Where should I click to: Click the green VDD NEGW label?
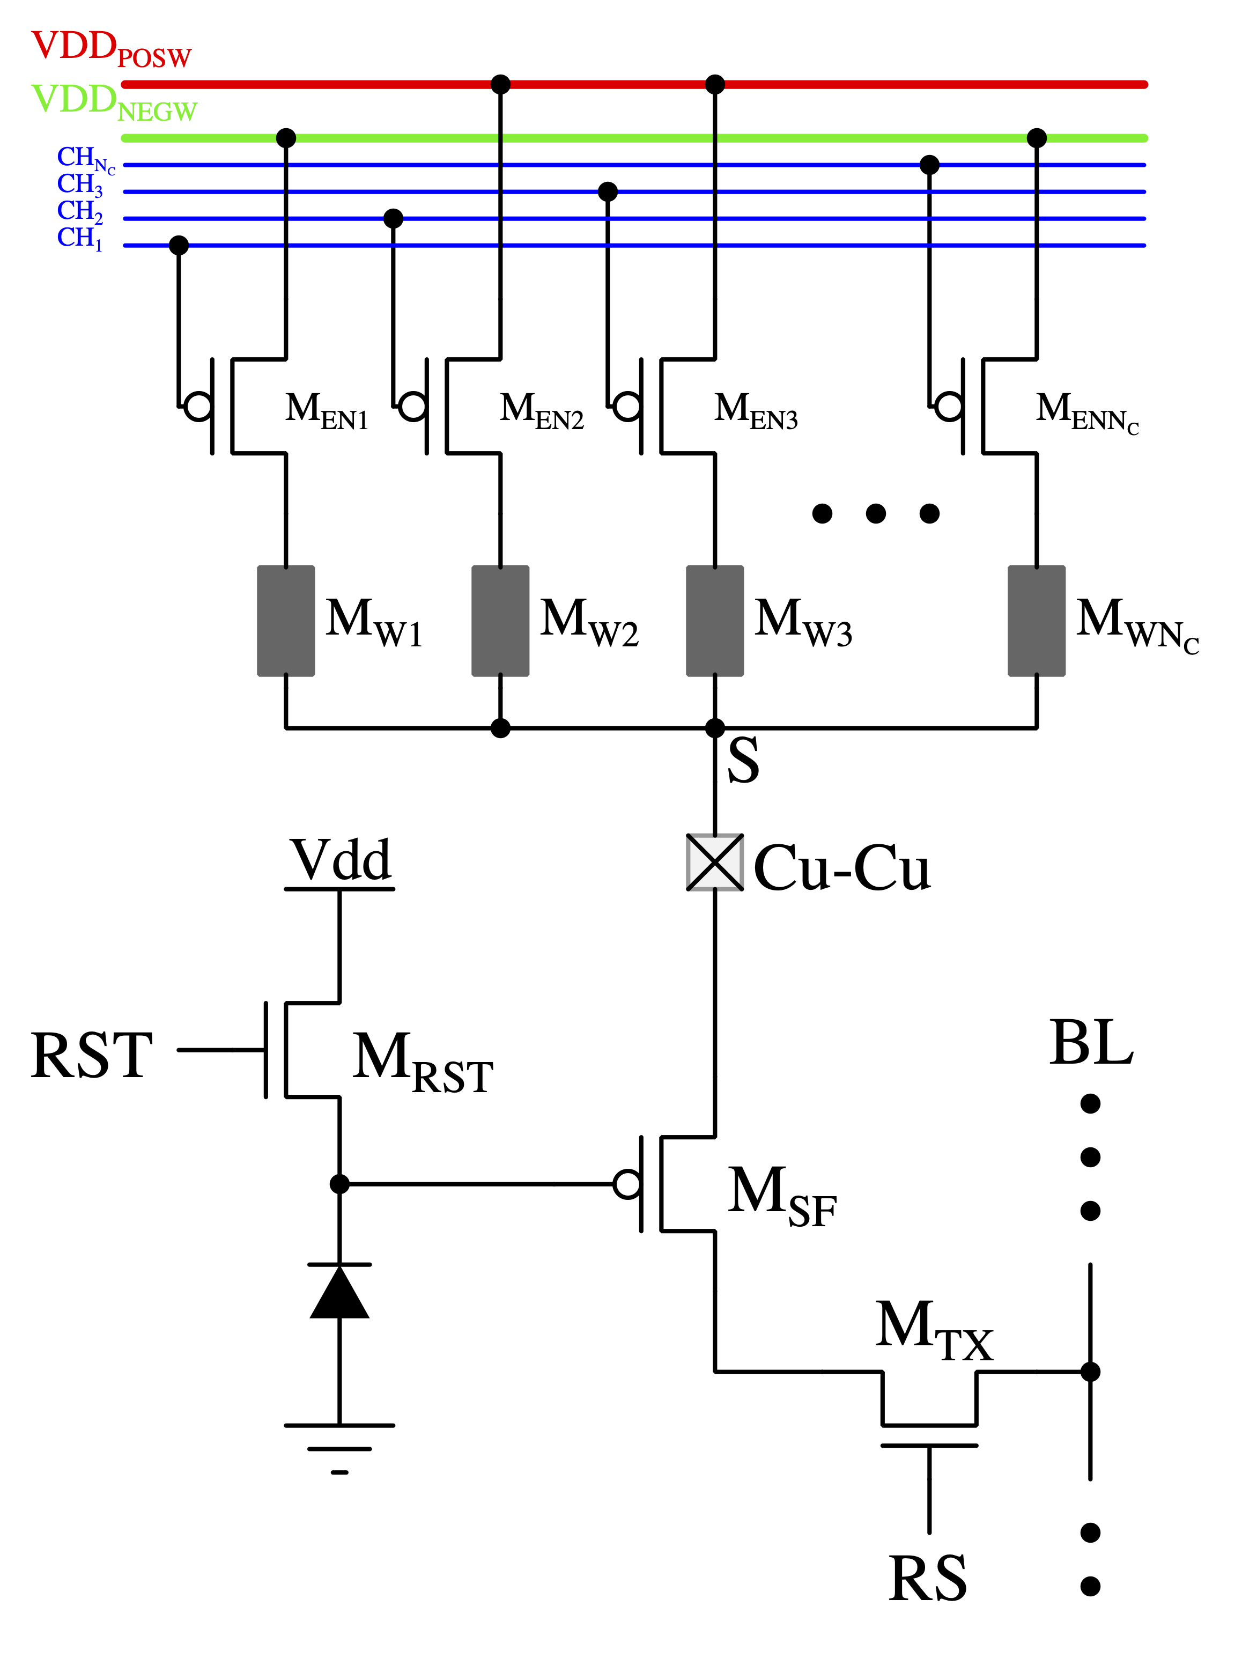point(113,102)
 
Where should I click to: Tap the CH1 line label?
point(79,238)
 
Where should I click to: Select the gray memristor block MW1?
point(286,621)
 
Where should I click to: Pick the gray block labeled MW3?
point(714,621)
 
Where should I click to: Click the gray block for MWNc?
point(1036,621)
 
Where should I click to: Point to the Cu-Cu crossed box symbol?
point(714,863)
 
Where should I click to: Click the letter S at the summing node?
point(743,760)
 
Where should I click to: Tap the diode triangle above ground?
point(339,1292)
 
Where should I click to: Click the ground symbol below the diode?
point(339,1447)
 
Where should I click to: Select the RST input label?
point(92,1056)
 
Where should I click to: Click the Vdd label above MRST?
point(341,860)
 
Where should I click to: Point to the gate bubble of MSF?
point(626,1184)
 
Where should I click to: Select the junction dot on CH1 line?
point(179,245)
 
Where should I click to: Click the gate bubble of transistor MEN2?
point(413,406)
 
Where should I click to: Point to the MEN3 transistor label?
point(756,411)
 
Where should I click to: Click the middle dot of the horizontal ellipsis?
point(876,513)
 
